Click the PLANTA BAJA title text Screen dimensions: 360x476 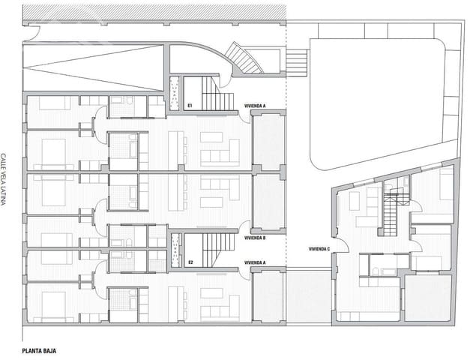point(40,350)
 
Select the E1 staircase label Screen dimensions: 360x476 point(190,106)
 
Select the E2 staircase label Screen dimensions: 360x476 point(190,262)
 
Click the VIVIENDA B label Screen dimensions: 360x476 point(255,237)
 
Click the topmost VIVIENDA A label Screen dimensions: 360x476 point(255,106)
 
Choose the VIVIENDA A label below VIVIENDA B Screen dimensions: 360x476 point(255,263)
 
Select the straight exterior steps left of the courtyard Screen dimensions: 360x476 point(297,61)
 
